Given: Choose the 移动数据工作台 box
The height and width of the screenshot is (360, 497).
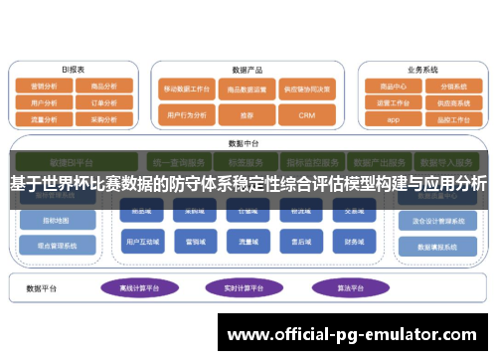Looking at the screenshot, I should pyautogui.click(x=187, y=89).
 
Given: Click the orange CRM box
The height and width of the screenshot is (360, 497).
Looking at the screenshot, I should pyautogui.click(x=306, y=115).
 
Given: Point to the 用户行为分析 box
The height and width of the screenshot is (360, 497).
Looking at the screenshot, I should pyautogui.click(x=187, y=115).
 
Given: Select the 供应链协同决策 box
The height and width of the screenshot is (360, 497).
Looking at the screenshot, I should pyautogui.click(x=306, y=89).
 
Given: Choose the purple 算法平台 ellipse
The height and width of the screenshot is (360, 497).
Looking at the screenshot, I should pyautogui.click(x=339, y=287).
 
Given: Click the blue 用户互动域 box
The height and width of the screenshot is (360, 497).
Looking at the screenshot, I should pyautogui.click(x=138, y=241).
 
